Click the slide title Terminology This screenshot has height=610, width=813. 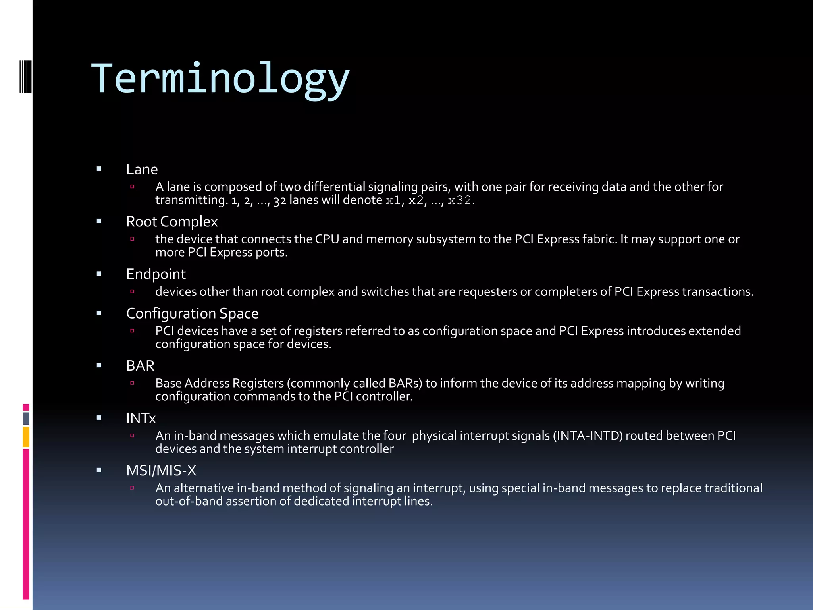click(x=220, y=79)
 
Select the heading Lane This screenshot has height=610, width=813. click(x=142, y=170)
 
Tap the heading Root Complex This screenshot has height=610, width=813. click(x=171, y=222)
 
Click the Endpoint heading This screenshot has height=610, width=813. click(x=156, y=274)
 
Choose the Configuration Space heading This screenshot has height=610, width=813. click(x=192, y=313)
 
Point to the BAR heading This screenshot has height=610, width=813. click(x=140, y=366)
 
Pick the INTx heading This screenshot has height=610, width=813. click(x=141, y=418)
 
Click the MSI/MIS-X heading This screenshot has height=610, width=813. click(x=161, y=471)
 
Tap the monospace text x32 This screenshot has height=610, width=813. click(x=459, y=201)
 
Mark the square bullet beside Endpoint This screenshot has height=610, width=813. click(x=99, y=274)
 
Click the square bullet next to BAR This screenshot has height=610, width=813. click(x=99, y=365)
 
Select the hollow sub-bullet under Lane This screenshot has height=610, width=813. click(x=133, y=187)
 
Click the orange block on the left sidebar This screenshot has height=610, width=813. click(x=26, y=437)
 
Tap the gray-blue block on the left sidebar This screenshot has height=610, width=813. click(x=26, y=418)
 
